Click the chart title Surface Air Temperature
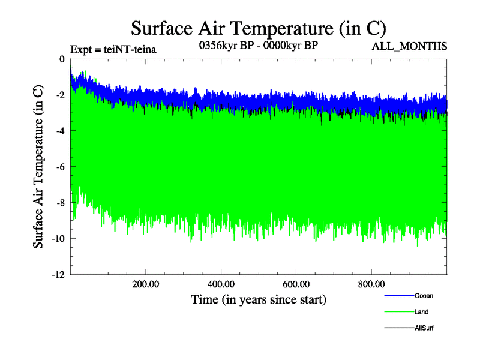click(x=258, y=28)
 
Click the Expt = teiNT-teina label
click(x=113, y=50)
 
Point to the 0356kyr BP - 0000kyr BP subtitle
click(x=258, y=46)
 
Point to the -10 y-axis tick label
click(x=58, y=239)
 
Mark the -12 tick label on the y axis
click(x=58, y=275)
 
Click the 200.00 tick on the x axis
click(x=146, y=284)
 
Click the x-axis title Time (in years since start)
click(x=259, y=299)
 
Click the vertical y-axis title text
click(x=38, y=167)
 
